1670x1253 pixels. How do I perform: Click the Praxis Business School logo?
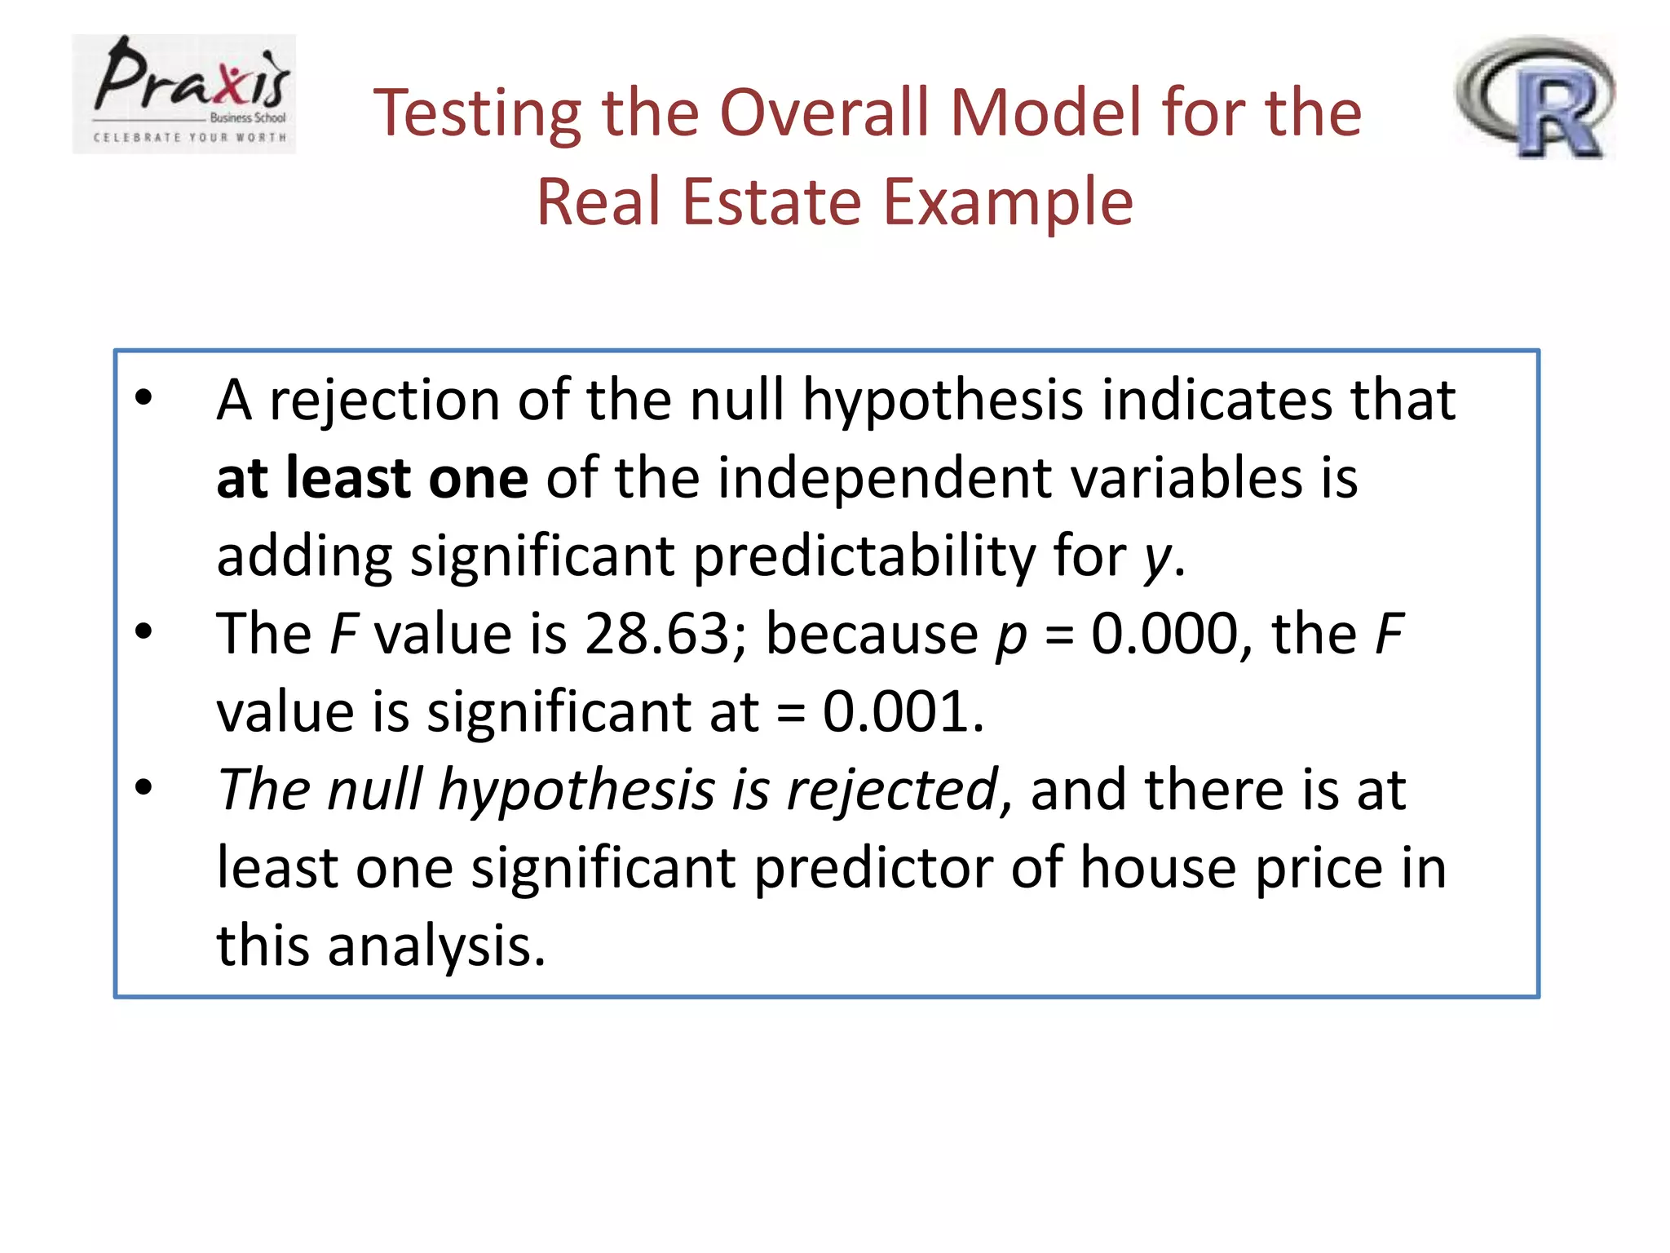184,93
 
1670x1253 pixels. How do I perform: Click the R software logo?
1535,96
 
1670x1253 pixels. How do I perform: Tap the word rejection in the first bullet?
384,401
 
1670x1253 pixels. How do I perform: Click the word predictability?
864,556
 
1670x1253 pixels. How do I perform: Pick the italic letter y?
1157,559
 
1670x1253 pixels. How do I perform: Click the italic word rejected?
892,790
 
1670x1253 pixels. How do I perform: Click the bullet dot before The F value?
144,631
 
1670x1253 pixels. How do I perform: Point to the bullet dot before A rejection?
144,399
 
